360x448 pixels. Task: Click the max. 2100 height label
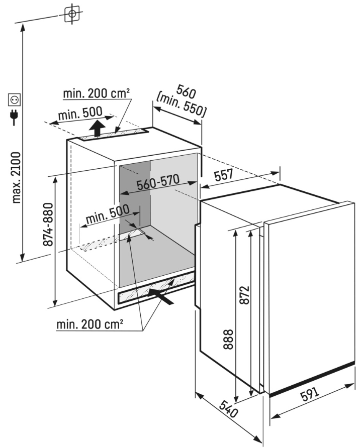(17, 178)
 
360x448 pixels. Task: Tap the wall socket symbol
(14, 100)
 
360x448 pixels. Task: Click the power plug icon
(14, 117)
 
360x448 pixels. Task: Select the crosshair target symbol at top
(72, 13)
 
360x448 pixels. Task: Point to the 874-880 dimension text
(48, 225)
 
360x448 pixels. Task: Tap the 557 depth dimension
(224, 175)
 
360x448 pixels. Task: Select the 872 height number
(245, 295)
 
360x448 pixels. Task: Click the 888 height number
(228, 340)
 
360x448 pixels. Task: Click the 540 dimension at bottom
(229, 408)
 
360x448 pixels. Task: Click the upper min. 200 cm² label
(97, 93)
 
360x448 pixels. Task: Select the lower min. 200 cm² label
(90, 324)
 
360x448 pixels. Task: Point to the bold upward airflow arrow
(97, 129)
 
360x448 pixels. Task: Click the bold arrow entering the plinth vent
(161, 297)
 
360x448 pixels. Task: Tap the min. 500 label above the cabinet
(80, 114)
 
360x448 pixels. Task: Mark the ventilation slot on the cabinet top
(113, 135)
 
